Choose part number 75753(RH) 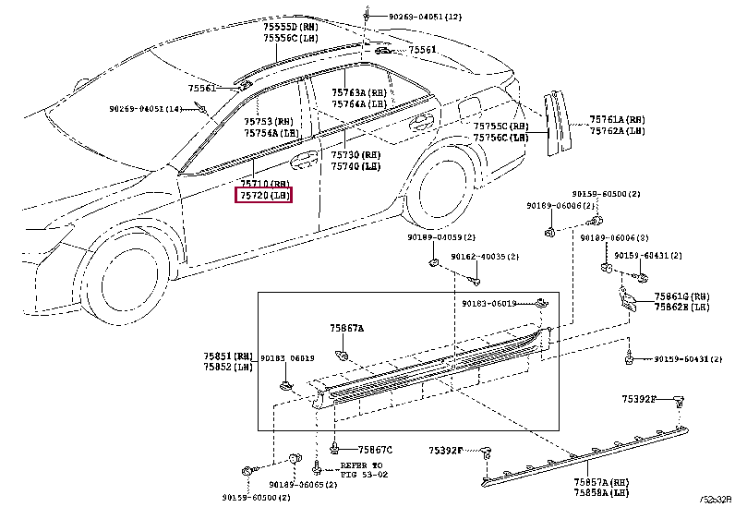tap(269, 121)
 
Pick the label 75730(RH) tap(355, 154)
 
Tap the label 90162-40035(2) tap(485, 257)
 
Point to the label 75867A tap(347, 328)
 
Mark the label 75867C tap(374, 450)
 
